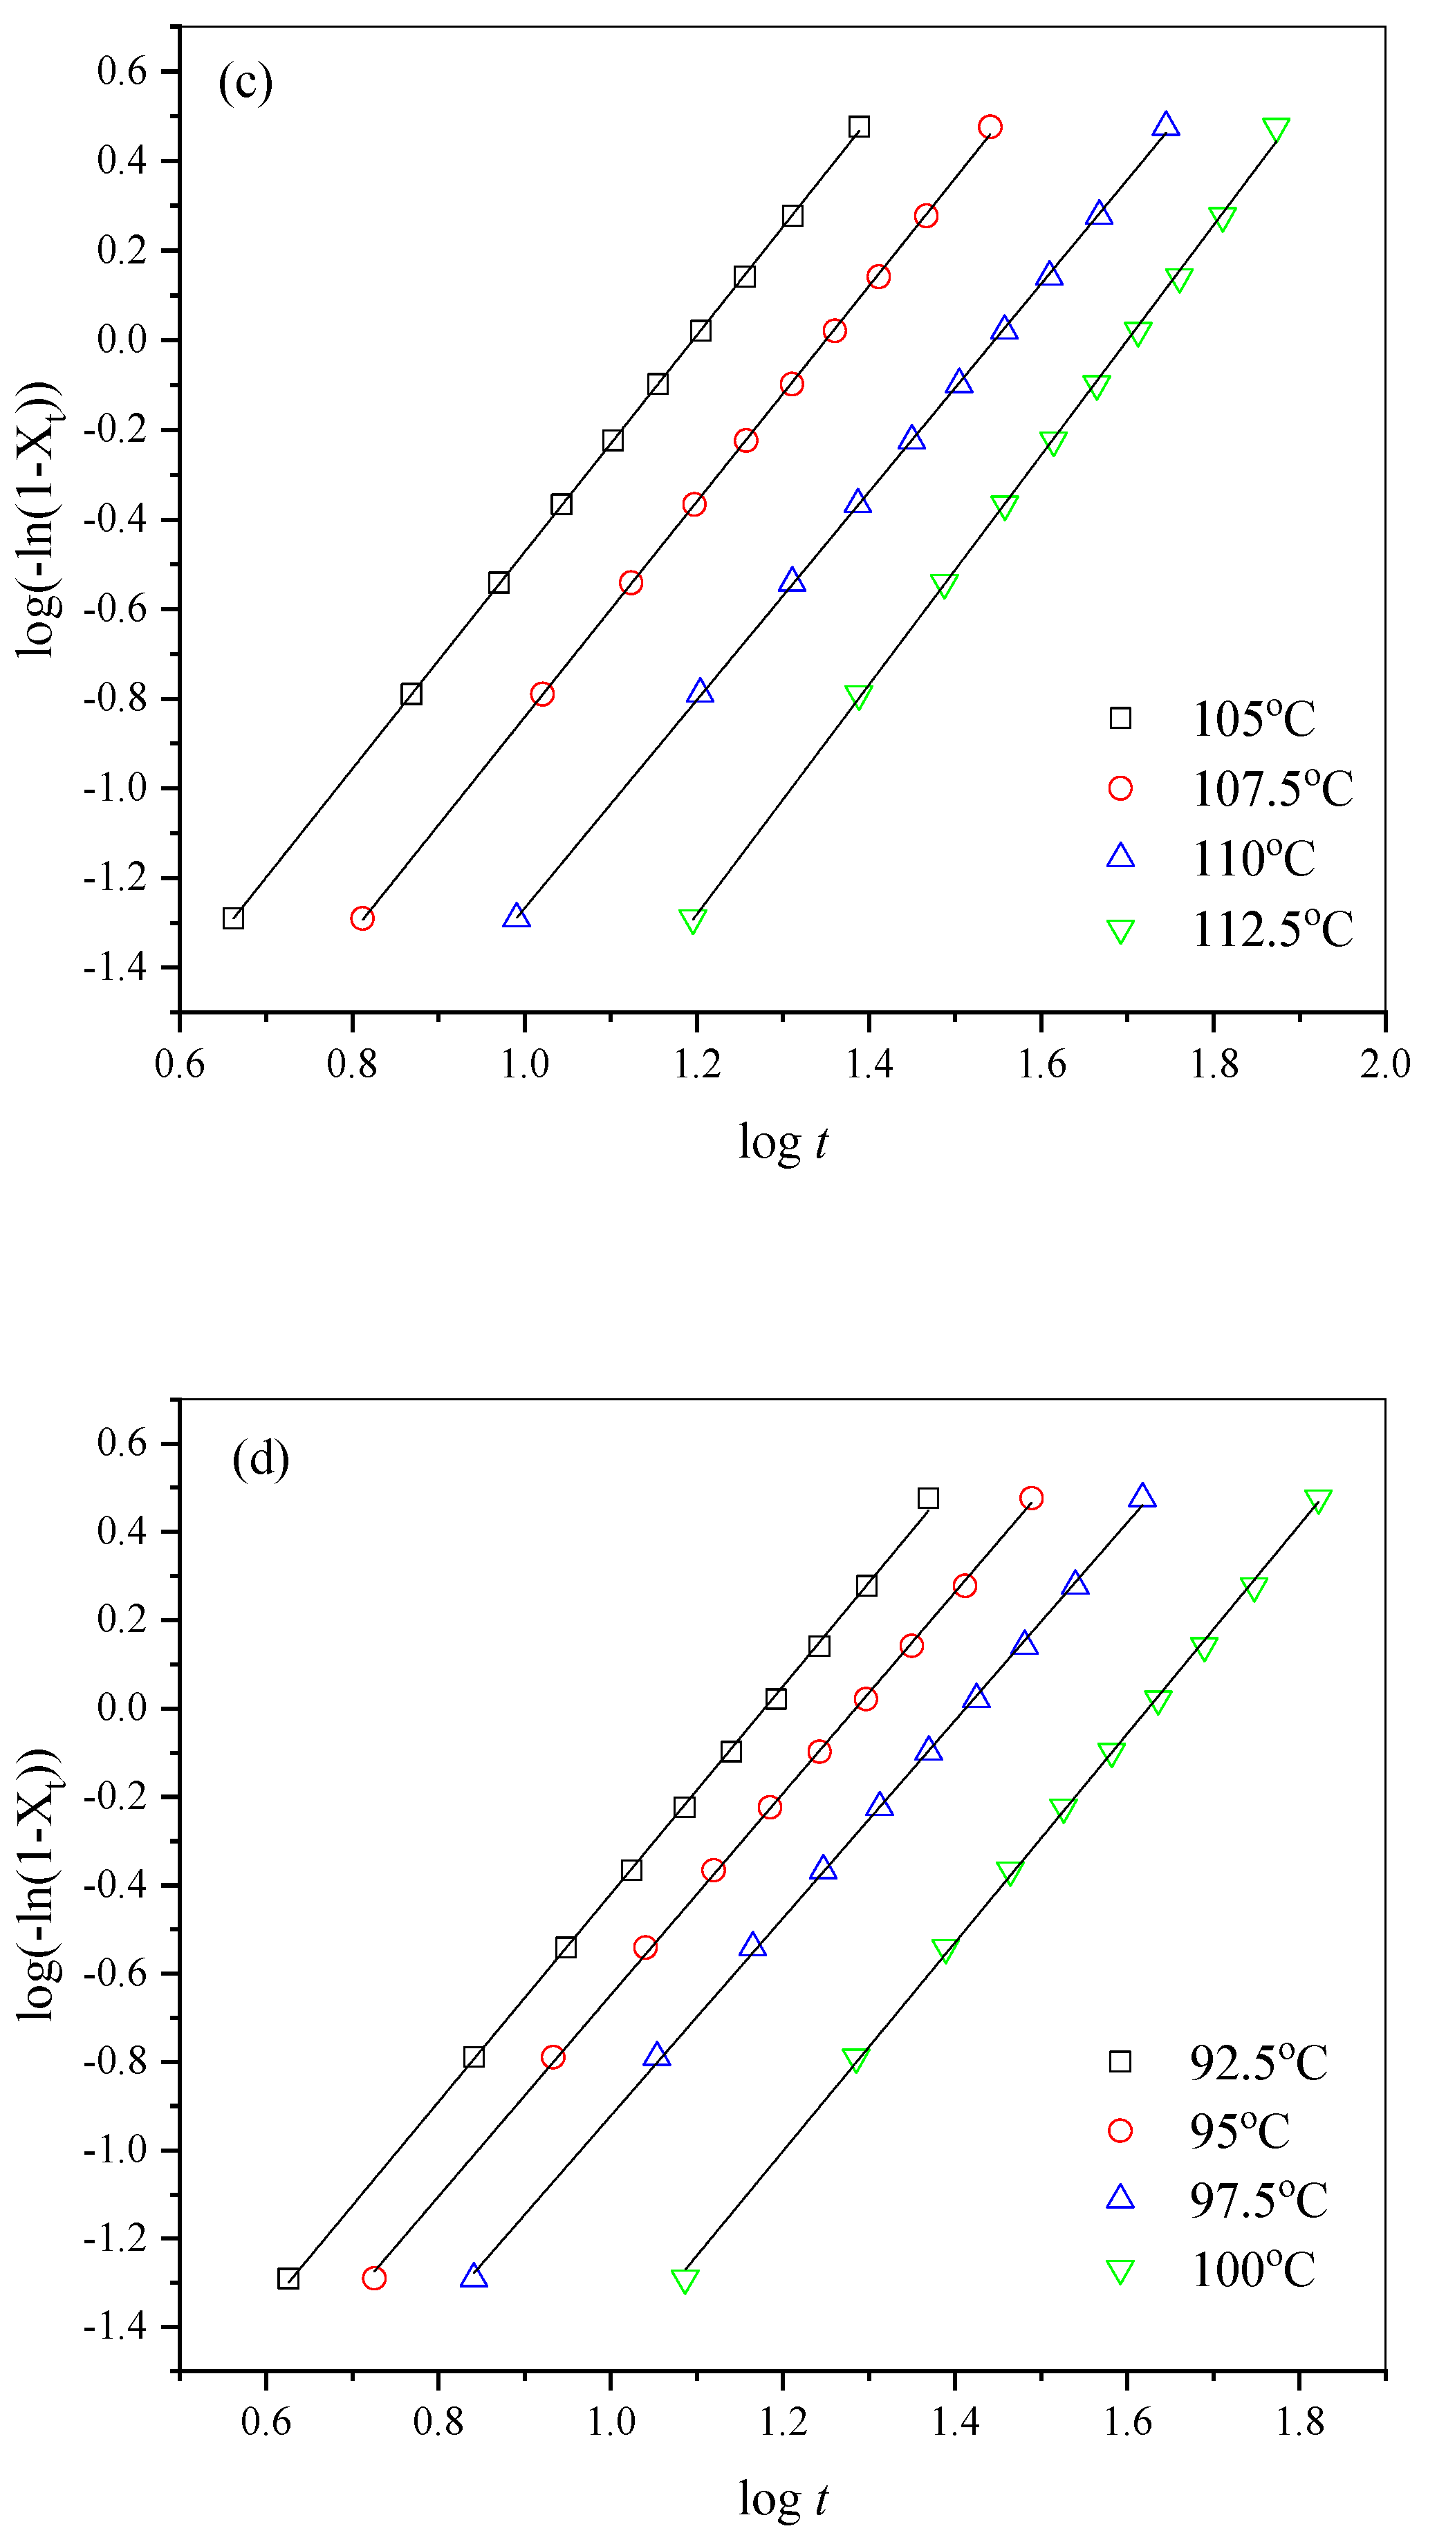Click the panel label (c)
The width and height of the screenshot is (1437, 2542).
point(245,83)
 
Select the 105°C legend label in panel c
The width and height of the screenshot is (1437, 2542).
point(1254,719)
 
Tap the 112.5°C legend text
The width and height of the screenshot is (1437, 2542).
point(1272,929)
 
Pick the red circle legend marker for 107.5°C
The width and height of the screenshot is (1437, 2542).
point(1120,788)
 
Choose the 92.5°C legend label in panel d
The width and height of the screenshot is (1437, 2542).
point(1259,2062)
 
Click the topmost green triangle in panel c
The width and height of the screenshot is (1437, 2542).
point(1275,130)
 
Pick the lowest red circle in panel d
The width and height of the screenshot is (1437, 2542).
point(374,2279)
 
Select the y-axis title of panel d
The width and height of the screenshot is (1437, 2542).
point(39,1885)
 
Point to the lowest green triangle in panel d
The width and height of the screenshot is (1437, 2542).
point(685,2281)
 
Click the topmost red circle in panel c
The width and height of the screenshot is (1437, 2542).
point(990,127)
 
